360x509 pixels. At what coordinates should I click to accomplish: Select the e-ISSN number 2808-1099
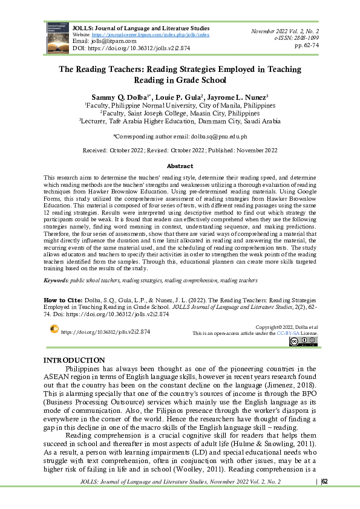pyautogui.click(x=330, y=37)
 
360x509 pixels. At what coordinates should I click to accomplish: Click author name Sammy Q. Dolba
pyautogui.click(x=119, y=96)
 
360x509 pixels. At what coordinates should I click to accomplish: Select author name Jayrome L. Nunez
pyautogui.click(x=235, y=96)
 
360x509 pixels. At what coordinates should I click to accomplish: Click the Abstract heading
pyautogui.click(x=180, y=166)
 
